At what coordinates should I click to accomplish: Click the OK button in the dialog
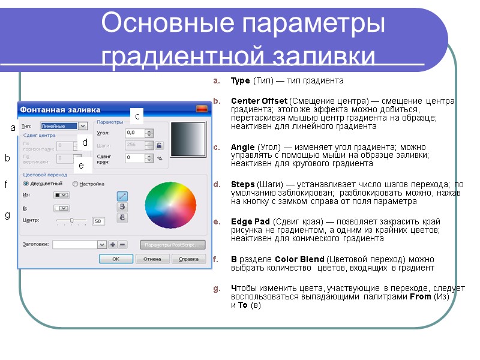pyautogui.click(x=116, y=259)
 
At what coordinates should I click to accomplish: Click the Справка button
pyautogui.click(x=188, y=259)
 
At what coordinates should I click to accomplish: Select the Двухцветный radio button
pyautogui.click(x=26, y=184)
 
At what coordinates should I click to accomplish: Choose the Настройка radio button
pyautogui.click(x=76, y=184)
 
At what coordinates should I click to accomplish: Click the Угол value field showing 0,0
pyautogui.click(x=135, y=133)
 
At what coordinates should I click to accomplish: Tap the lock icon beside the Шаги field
pyautogui.click(x=160, y=145)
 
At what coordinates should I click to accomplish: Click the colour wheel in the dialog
pyautogui.click(x=170, y=205)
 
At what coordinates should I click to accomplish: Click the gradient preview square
pyautogui.click(x=188, y=140)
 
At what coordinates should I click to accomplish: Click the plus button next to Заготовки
pyautogui.click(x=112, y=245)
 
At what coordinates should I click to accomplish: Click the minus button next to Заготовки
pyautogui.click(x=122, y=245)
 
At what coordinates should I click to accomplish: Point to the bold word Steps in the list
pyautogui.click(x=242, y=184)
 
